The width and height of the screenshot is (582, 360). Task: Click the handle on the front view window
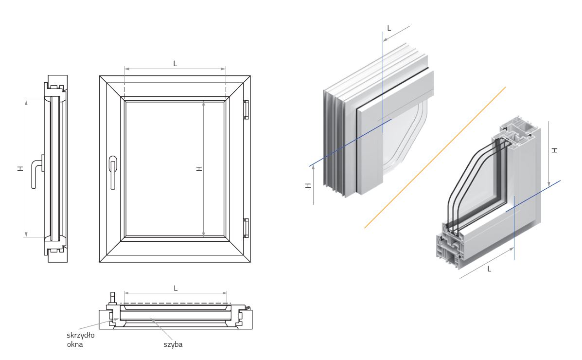point(113,170)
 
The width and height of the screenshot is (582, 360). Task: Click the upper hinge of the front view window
point(246,109)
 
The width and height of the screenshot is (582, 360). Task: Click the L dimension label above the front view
point(175,63)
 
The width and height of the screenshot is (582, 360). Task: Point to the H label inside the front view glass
point(198,168)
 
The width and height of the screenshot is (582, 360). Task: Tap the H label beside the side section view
point(19,168)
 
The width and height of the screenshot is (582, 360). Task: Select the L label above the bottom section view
point(176,288)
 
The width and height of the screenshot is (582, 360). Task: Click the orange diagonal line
point(435,157)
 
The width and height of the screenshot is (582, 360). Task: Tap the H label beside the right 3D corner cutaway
point(555,150)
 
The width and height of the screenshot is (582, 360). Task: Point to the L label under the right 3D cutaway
point(489,268)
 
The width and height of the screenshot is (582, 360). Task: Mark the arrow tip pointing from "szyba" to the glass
point(152,319)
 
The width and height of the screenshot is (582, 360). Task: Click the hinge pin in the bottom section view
point(247,308)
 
